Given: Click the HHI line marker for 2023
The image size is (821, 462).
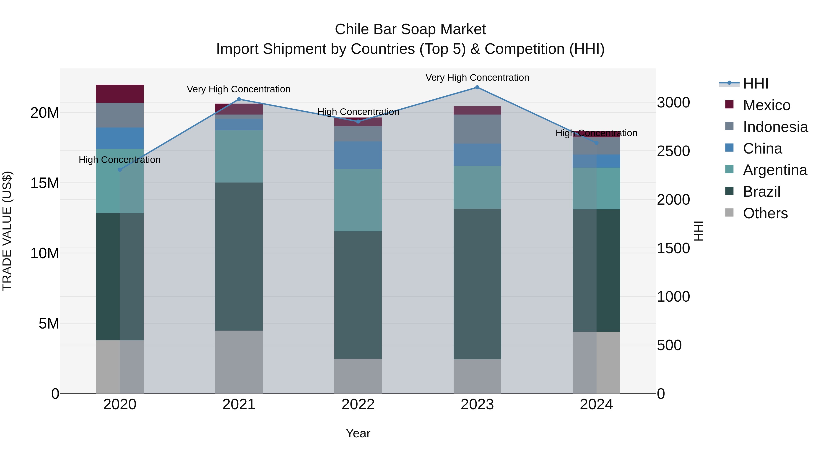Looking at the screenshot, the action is pyautogui.click(x=477, y=87).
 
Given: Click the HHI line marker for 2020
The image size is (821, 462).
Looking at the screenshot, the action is pyautogui.click(x=120, y=170).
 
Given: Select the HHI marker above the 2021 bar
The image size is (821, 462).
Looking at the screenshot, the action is pyautogui.click(x=239, y=99).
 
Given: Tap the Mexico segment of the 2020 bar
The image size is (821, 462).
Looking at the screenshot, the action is pyautogui.click(x=120, y=94).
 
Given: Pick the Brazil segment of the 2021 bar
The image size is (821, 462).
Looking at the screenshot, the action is pyautogui.click(x=239, y=256).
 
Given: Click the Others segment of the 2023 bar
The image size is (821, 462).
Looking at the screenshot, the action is pyautogui.click(x=477, y=376).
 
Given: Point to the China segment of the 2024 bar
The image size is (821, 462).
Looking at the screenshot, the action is pyautogui.click(x=596, y=161).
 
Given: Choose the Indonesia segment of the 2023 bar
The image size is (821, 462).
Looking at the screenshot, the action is pyautogui.click(x=477, y=129).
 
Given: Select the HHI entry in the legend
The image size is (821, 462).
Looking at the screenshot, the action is pyautogui.click(x=755, y=84).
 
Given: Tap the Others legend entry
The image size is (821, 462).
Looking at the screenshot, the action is pyautogui.click(x=765, y=213).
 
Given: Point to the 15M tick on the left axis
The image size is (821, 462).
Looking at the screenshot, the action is pyautogui.click(x=45, y=183).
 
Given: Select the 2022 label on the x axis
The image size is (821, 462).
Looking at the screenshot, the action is pyautogui.click(x=358, y=405).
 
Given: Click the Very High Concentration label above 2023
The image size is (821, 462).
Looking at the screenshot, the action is pyautogui.click(x=477, y=78).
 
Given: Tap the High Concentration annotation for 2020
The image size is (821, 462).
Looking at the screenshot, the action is pyautogui.click(x=120, y=159).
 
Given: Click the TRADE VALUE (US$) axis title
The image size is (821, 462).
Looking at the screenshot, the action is pyautogui.click(x=7, y=231).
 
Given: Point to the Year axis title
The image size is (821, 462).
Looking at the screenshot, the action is pyautogui.click(x=358, y=433).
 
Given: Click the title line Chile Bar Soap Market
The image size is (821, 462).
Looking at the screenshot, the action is pyautogui.click(x=410, y=29).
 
